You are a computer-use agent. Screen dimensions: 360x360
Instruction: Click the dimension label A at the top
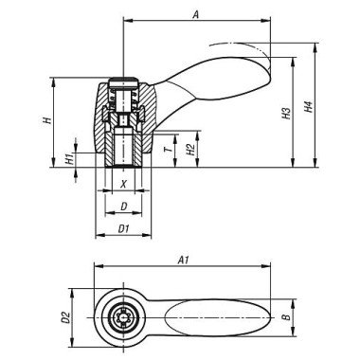[196, 15]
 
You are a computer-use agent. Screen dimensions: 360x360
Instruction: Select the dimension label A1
[184, 261]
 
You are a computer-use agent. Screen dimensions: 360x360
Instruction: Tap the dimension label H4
[309, 107]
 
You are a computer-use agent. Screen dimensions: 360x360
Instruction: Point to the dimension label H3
[286, 113]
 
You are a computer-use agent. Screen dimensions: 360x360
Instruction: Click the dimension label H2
[190, 150]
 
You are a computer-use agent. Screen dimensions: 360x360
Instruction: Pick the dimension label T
[170, 149]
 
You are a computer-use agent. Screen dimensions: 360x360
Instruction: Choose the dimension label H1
[69, 159]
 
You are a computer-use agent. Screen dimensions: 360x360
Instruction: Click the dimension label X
[124, 184]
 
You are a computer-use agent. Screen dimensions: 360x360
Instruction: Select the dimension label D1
[124, 228]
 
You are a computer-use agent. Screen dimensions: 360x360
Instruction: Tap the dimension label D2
[66, 317]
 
